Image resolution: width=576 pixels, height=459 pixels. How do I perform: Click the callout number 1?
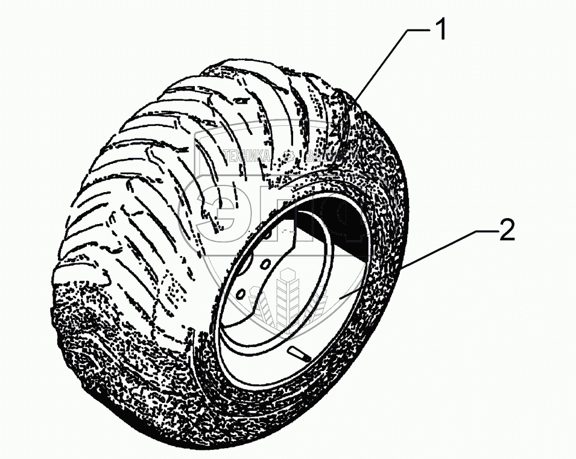441,31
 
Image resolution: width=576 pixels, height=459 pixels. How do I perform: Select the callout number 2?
507,230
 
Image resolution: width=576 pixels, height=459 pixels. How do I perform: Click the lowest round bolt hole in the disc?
239,293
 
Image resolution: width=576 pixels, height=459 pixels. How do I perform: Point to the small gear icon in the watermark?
289,157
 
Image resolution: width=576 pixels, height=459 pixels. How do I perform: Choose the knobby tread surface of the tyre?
151,181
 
